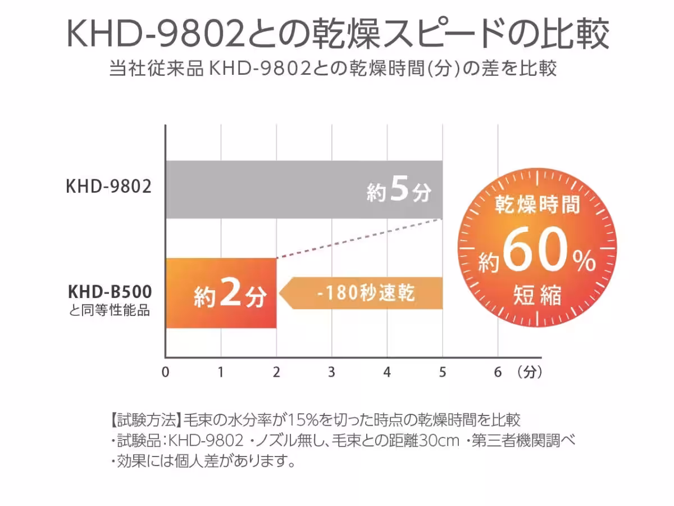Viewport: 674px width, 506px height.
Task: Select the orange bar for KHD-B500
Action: click(221, 293)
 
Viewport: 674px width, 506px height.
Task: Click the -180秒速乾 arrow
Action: click(362, 293)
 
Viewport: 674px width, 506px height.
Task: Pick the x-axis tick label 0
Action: click(165, 372)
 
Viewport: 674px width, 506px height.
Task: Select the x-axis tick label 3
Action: click(331, 372)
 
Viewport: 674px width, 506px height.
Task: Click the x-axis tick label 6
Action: click(498, 372)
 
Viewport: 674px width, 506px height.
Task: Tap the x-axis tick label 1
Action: click(221, 372)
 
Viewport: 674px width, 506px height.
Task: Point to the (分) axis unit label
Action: click(530, 372)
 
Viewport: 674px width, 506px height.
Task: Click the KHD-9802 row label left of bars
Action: click(109, 187)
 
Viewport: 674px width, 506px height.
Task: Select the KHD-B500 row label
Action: click(110, 292)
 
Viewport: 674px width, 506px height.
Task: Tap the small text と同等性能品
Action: click(110, 310)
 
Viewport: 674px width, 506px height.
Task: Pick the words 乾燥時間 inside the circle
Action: click(537, 206)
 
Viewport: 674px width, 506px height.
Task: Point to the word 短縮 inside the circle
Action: click(537, 295)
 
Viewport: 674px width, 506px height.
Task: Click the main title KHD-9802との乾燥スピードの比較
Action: click(337, 35)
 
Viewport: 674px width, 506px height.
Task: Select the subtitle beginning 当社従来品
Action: click(334, 69)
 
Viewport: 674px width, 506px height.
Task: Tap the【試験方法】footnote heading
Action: click(144, 419)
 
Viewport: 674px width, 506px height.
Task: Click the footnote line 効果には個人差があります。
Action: click(203, 462)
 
